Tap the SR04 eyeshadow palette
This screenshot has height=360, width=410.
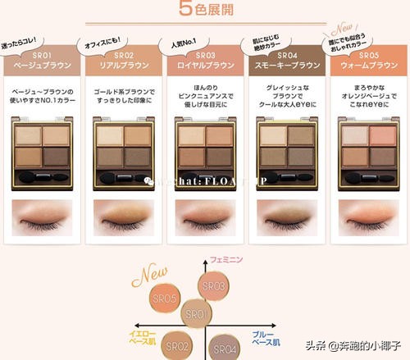pyautogui.click(x=285, y=147)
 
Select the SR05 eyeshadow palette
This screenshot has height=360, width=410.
pyautogui.click(x=366, y=147)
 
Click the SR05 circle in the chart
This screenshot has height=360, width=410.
pyautogui.click(x=164, y=300)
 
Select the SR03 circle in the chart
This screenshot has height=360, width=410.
pyautogui.click(x=213, y=286)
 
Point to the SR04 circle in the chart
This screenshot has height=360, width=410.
pyautogui.click(x=225, y=347)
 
